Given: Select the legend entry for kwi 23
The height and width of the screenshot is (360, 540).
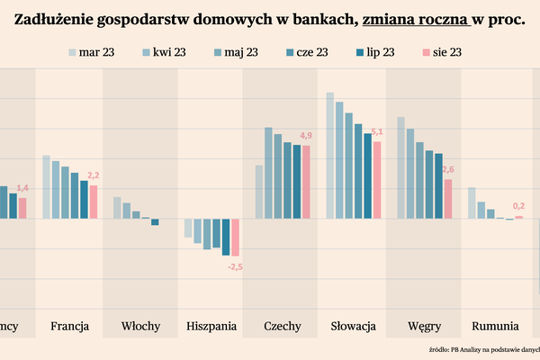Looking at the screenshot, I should pos(167,52).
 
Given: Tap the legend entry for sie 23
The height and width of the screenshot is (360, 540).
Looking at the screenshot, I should pos(442,52).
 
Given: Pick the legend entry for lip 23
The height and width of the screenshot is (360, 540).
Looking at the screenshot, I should pos(373,52).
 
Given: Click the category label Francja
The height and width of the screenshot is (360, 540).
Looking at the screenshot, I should pos(69,325).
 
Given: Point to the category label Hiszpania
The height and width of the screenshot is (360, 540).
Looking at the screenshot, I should pos(212,325).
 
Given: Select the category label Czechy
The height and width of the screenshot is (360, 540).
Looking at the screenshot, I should pos(282,325).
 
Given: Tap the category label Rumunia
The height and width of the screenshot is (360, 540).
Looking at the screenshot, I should pos(494,325).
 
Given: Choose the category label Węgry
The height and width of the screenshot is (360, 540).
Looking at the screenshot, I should pos(424,325).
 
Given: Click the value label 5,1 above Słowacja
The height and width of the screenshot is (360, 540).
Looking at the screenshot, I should pos(377,132).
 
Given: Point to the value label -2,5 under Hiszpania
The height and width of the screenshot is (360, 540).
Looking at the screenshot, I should pos(236,267).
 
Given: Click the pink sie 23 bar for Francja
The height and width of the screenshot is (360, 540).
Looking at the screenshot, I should pos(94,202).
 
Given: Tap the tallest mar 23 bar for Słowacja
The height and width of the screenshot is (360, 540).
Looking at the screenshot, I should pos(330,155).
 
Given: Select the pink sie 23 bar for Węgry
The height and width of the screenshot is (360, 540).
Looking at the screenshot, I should pos(447,199).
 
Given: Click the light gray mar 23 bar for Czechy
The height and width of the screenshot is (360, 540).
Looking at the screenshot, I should pos(259,192).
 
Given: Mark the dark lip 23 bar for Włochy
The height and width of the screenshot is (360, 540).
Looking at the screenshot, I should pos(155,222).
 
